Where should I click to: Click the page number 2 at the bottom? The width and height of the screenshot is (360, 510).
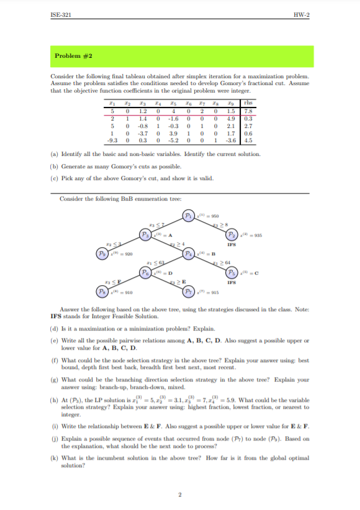click(179, 494)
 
